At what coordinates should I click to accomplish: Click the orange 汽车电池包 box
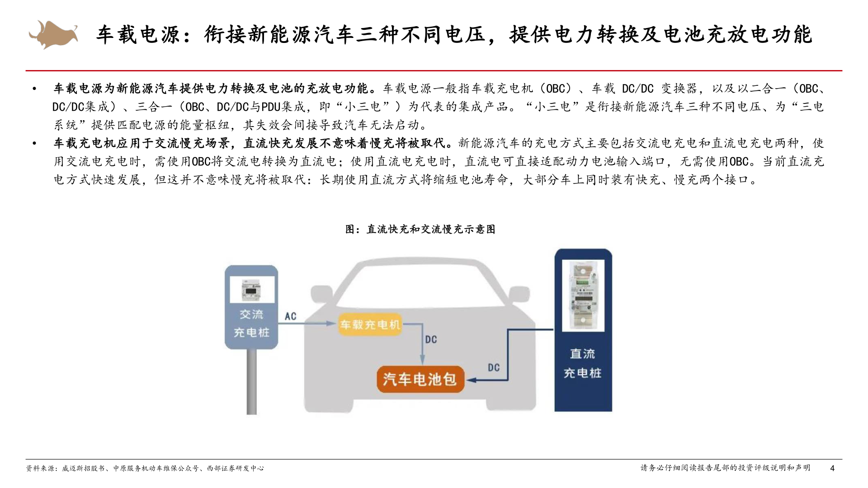click(420, 379)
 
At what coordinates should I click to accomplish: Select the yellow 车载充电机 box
click(370, 324)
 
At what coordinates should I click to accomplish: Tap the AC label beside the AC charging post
click(290, 316)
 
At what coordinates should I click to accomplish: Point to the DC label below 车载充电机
click(431, 339)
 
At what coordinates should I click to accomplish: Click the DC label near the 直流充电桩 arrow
click(494, 367)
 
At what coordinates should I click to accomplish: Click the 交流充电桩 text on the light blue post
click(251, 324)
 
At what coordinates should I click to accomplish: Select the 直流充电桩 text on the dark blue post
click(582, 363)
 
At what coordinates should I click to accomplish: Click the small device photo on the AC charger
click(252, 290)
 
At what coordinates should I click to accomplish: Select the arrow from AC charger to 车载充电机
click(307, 324)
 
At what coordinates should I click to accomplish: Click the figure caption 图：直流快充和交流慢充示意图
click(420, 229)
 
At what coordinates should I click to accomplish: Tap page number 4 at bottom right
click(832, 468)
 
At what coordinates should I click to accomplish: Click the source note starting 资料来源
click(145, 468)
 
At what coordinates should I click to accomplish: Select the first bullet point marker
click(34, 89)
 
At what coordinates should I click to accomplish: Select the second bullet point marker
click(34, 143)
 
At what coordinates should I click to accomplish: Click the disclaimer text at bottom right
click(725, 468)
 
